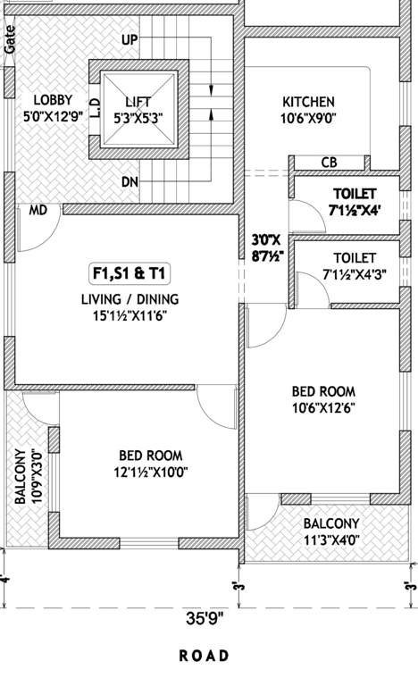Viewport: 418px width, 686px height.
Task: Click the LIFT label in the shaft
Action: click(138, 102)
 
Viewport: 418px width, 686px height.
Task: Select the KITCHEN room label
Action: click(308, 102)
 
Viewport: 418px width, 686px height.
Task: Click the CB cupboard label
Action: click(328, 162)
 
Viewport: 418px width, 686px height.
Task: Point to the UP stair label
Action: click(130, 41)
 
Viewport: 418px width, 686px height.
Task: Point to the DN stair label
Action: click(130, 182)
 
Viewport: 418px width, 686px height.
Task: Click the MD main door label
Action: click(38, 211)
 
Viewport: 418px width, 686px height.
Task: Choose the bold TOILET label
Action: click(355, 194)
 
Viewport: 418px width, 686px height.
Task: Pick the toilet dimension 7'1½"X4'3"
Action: click(355, 274)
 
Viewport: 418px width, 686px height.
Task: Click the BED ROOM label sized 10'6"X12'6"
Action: click(323, 391)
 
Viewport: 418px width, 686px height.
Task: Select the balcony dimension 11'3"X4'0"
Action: click(330, 539)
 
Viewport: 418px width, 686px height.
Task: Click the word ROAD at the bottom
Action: click(205, 656)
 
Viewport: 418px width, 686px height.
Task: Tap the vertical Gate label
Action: click(9, 42)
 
